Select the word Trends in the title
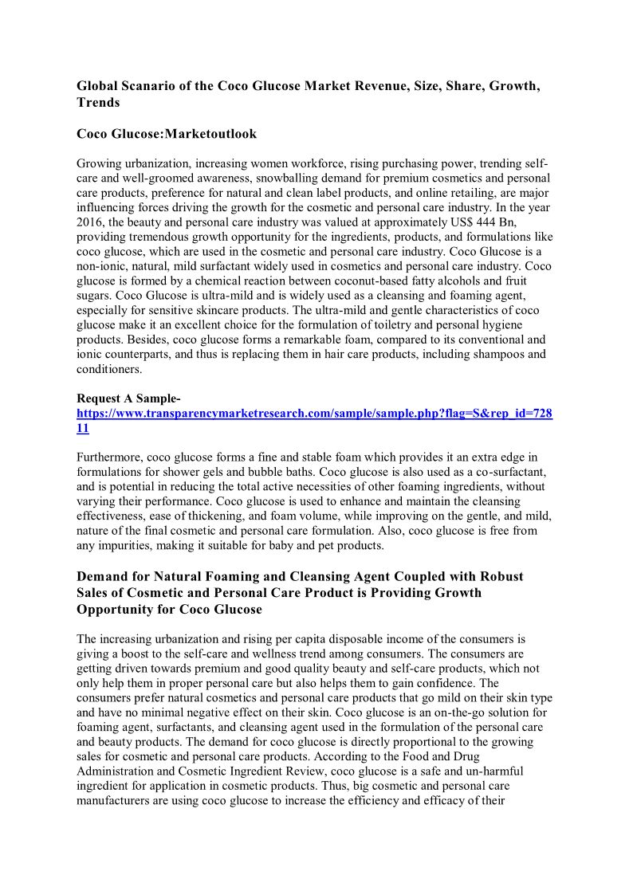coord(98,103)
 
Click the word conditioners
coord(108,368)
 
